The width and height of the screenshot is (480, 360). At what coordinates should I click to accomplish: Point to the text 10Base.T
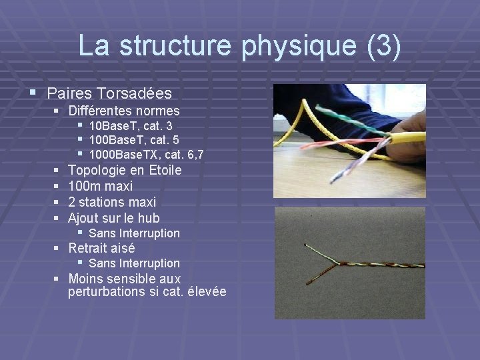point(113,125)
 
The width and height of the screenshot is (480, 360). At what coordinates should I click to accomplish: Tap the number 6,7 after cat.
point(196,155)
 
